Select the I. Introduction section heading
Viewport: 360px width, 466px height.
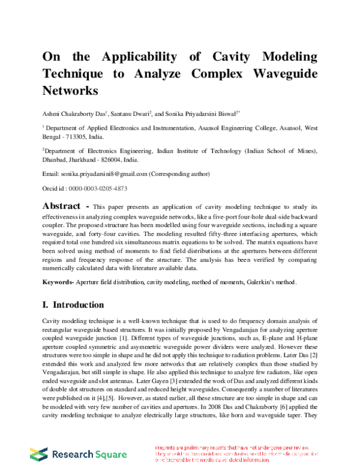coord(73,304)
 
